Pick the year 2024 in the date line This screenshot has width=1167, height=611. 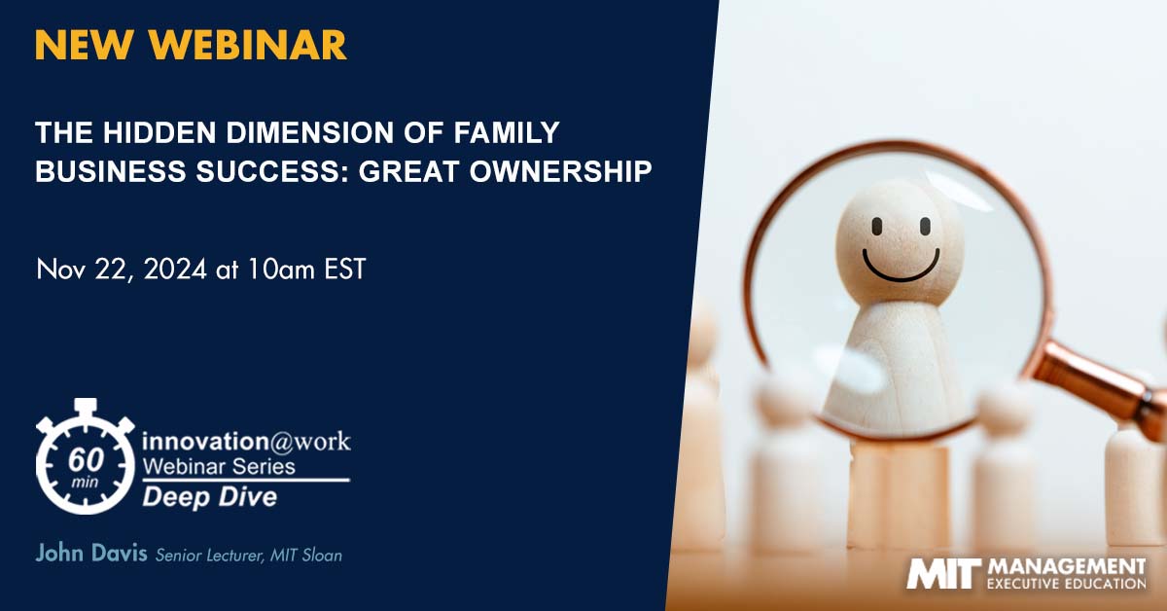coord(175,270)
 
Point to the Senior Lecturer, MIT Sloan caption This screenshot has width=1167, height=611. coord(249,556)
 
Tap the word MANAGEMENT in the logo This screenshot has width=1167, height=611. coord(1067,566)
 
